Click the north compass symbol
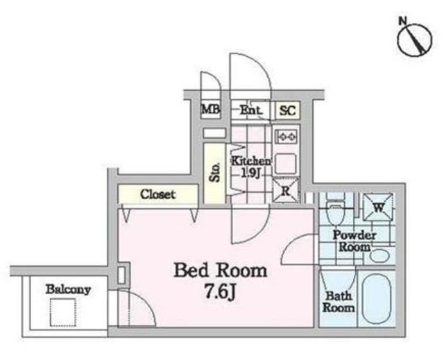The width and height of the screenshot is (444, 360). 415,38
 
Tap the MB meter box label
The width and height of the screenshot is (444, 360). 211,109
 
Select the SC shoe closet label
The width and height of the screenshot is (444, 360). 287,110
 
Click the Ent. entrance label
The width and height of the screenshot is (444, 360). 251,110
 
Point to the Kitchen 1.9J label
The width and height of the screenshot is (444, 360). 251,166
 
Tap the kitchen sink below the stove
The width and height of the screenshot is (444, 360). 286,164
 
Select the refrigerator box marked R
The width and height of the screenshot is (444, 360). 286,191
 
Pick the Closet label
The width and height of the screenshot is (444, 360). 157,194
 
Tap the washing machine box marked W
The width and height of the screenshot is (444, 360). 378,207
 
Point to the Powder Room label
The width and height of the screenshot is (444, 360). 355,241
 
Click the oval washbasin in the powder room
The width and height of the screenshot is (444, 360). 379,255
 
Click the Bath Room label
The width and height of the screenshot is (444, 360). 339,302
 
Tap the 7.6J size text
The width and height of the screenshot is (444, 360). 221,292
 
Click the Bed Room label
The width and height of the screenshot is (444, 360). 221,271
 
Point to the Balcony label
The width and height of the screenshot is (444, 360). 68,289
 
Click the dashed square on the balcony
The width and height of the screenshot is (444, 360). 63,312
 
